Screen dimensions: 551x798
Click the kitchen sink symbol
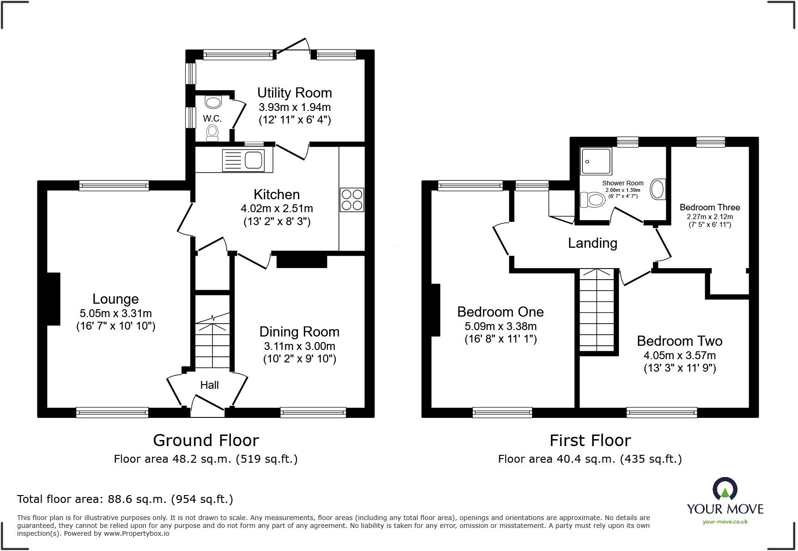pos(244,160)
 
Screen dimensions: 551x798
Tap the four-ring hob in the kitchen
pos(352,200)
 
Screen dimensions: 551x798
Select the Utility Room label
pos(294,93)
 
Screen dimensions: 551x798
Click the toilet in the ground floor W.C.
pos(212,132)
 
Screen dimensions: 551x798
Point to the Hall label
pos(209,385)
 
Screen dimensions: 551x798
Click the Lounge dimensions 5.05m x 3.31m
pos(115,313)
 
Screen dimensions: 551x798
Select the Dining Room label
pos(299,332)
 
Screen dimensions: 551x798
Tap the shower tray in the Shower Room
pos(596,161)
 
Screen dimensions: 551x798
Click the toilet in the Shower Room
pos(592,200)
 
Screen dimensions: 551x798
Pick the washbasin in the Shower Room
pos(657,190)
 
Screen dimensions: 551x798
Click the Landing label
pos(592,243)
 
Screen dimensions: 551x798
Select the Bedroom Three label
pos(709,208)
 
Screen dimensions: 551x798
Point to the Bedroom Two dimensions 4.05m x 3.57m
pos(679,355)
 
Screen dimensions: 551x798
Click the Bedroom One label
pos(500,312)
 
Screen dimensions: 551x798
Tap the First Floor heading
pos(590,441)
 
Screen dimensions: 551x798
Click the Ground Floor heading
pos(206,441)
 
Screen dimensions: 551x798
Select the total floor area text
pos(125,499)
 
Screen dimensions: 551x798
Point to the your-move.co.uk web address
pos(725,522)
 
